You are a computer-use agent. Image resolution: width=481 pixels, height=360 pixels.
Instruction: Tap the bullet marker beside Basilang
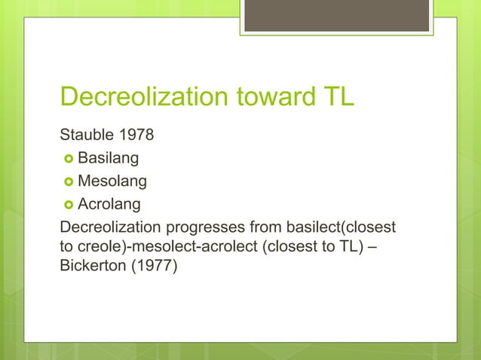point(66,160)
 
